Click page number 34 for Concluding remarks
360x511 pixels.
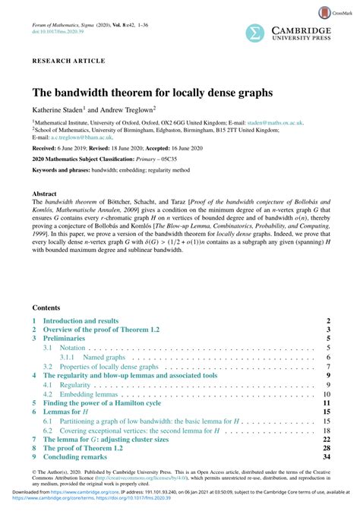[326, 457]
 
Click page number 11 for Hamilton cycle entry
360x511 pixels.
[326, 404]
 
